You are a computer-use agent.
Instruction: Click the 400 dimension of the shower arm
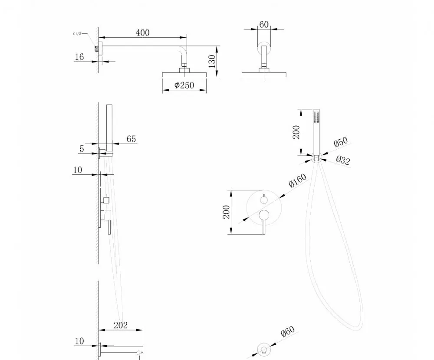(142, 33)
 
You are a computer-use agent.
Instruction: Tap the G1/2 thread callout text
(77, 34)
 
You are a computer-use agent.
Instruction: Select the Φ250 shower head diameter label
(184, 85)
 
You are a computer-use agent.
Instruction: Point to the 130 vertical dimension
(212, 61)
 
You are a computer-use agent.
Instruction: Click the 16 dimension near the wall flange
(79, 57)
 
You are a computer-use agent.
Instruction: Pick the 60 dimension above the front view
(264, 24)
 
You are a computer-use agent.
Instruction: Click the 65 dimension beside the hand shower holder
(131, 139)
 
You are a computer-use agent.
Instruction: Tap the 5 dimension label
(82, 149)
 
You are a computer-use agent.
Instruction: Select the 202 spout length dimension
(121, 325)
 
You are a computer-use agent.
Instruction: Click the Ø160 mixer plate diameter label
(297, 180)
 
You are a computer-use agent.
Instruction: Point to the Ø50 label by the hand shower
(341, 142)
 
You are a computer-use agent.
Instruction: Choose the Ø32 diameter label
(343, 160)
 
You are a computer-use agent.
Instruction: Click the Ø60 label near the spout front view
(288, 331)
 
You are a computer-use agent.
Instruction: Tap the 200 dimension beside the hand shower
(296, 132)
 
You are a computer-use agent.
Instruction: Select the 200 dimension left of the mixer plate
(227, 212)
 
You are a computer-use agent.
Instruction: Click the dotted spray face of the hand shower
(316, 117)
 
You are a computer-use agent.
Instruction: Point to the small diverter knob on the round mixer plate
(264, 200)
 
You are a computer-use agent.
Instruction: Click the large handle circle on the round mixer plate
(264, 215)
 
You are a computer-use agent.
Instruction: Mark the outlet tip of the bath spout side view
(139, 352)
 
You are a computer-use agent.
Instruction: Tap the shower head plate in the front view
(264, 75)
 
